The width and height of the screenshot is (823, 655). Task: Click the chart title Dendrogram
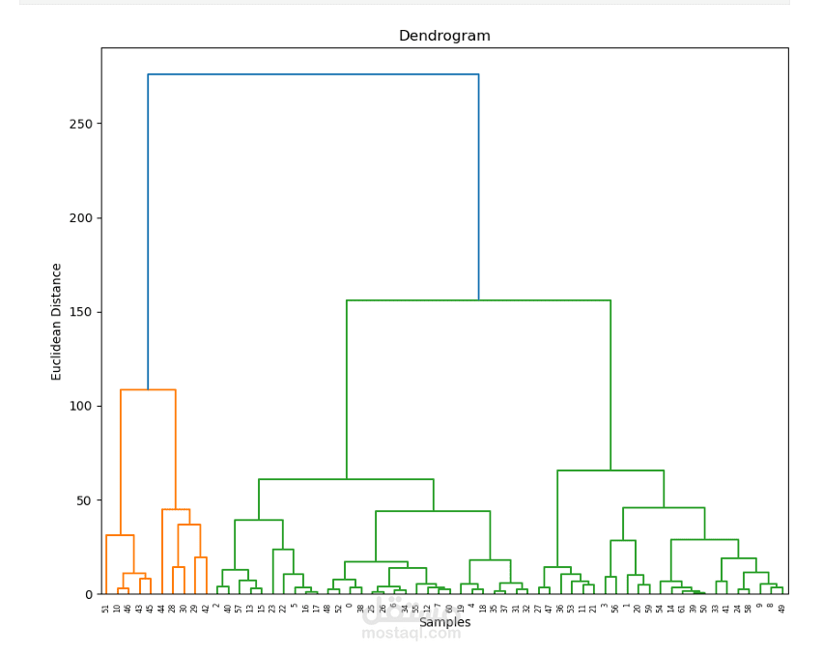444,36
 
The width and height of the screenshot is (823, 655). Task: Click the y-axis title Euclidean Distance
57,322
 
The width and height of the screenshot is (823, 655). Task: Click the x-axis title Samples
445,623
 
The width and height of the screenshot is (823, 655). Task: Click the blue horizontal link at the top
313,74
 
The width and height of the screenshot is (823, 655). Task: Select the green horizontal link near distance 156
478,300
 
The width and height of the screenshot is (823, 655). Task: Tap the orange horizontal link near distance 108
148,390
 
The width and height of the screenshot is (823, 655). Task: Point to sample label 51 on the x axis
106,609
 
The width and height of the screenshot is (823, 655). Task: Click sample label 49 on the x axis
781,609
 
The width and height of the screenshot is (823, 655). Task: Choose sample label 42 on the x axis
206,609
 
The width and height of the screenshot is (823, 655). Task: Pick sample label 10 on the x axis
117,609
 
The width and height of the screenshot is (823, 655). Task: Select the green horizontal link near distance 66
610,470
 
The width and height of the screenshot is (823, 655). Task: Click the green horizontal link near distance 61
346,479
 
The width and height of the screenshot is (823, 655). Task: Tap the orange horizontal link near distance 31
120,535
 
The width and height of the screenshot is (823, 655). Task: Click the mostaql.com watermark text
411,634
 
